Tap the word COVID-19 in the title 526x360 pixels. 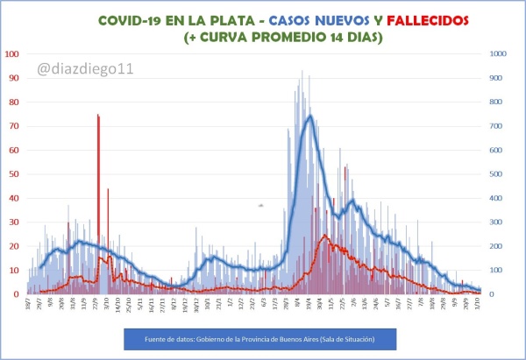click(131, 19)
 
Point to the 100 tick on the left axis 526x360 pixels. click(12, 53)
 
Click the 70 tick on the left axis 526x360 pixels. click(15, 125)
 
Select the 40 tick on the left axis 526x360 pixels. click(15, 198)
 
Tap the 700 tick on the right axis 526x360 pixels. click(497, 125)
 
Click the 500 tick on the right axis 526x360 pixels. click(497, 173)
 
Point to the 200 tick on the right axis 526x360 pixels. click(497, 246)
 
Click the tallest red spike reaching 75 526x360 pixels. click(98, 116)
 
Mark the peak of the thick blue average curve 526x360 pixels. click(309, 116)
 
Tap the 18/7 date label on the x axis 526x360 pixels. click(29, 306)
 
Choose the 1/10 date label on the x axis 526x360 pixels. click(478, 305)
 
